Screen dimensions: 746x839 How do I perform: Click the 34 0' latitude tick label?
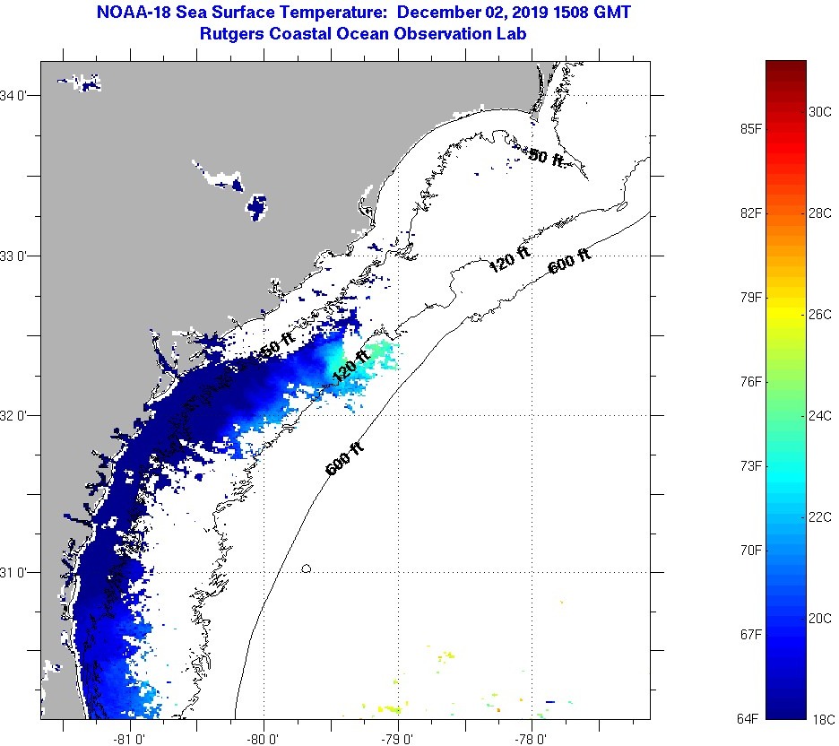tap(19, 96)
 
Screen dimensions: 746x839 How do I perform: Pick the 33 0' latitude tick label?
tap(19, 256)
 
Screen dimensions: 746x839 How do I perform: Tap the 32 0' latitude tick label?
tap(19, 415)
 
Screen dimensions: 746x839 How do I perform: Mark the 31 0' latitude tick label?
tap(19, 572)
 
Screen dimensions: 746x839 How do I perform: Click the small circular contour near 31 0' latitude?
tap(307, 568)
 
